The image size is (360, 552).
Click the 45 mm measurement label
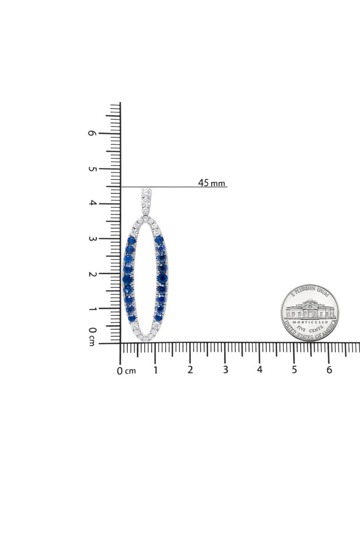pos(211,183)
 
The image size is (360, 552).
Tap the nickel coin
pos(310,312)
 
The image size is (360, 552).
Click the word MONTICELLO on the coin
pos(310,322)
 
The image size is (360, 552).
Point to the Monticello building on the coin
pos(310,309)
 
